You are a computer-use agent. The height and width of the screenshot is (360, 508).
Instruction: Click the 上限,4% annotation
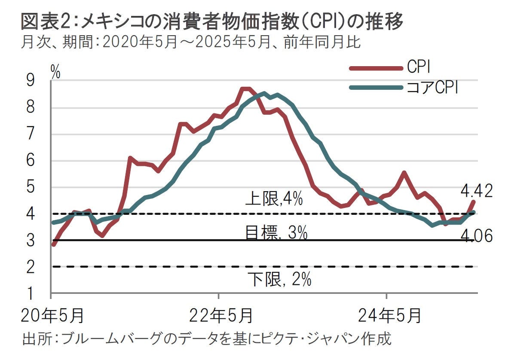(x=274, y=200)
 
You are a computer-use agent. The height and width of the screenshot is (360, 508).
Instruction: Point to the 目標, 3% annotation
(x=276, y=233)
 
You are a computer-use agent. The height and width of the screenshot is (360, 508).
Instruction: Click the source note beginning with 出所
(x=206, y=339)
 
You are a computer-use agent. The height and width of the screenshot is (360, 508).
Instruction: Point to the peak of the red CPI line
(x=245, y=88)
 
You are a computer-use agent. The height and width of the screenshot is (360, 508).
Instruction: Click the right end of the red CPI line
(x=474, y=201)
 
